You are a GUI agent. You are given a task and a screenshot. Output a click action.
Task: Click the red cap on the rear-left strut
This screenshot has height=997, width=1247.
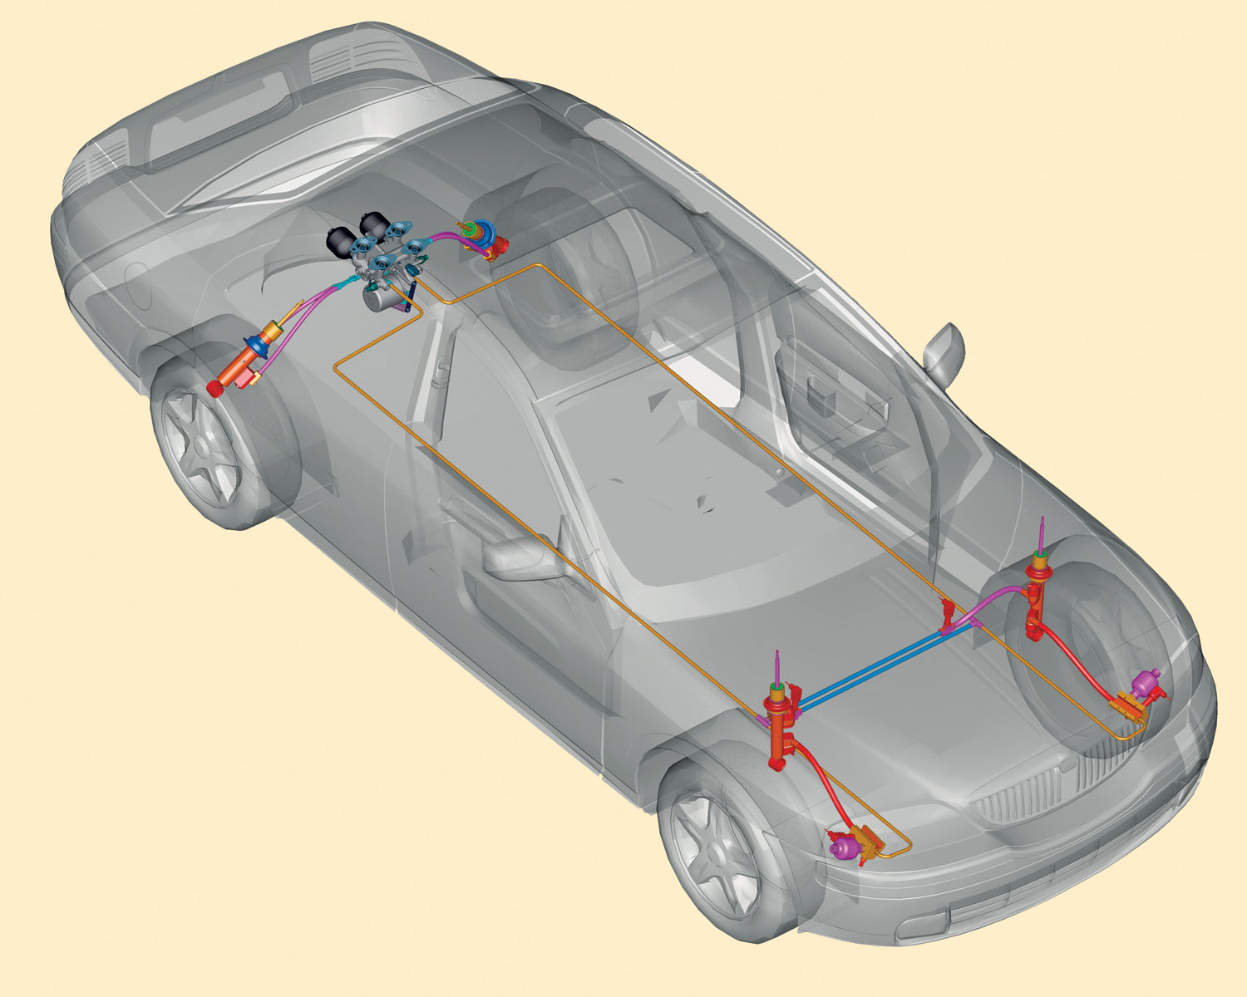pyautogui.click(x=214, y=388)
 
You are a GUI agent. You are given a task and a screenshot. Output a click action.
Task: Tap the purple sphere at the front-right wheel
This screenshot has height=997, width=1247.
pyautogui.click(x=1149, y=683)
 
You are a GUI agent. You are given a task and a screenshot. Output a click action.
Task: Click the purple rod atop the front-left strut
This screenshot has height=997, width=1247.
pyautogui.click(x=777, y=665)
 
